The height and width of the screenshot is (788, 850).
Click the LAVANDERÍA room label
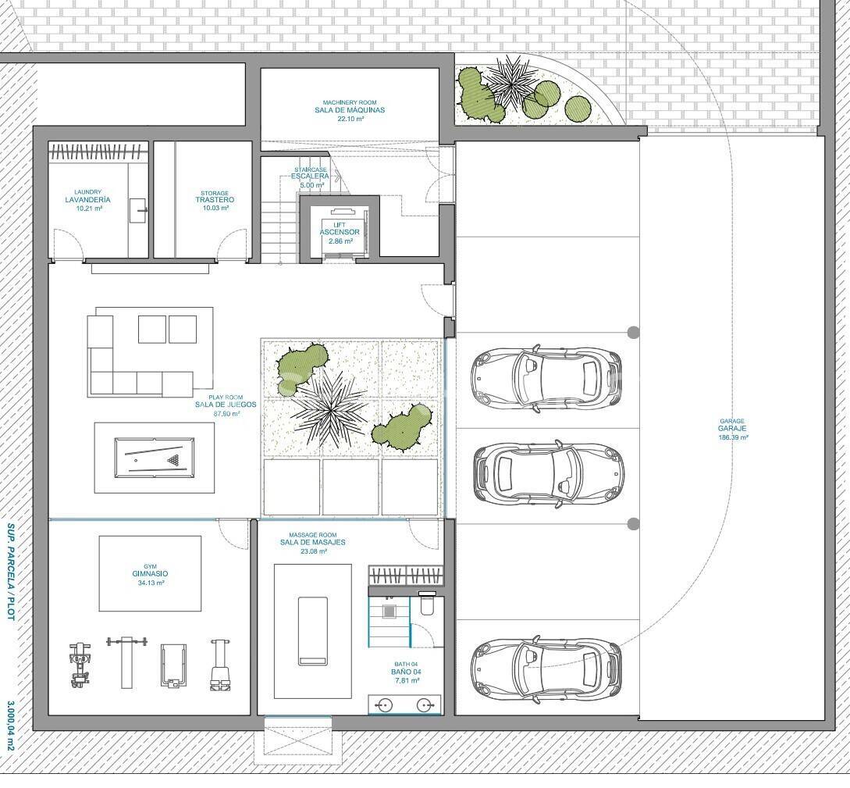88,200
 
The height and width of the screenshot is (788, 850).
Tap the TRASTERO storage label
215,200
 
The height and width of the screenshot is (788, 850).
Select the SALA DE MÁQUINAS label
350,110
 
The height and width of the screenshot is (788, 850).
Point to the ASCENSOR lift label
340,232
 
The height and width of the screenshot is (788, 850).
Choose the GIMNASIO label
150,574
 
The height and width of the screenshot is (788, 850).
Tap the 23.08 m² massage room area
313,551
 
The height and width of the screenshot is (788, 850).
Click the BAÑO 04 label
406,672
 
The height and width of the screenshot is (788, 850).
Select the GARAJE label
732,429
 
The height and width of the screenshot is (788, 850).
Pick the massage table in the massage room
313,631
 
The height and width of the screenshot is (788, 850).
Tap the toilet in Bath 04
427,605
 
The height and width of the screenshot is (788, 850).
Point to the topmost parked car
546,377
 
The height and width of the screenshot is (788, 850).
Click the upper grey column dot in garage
633,332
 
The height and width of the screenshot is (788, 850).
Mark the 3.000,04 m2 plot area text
10,727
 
